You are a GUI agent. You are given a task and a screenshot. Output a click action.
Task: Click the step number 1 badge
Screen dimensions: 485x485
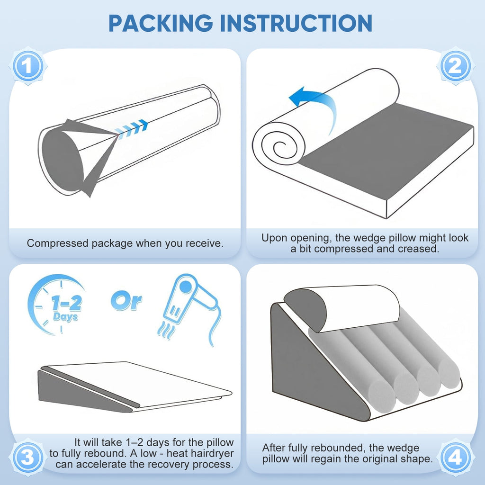tap(28, 66)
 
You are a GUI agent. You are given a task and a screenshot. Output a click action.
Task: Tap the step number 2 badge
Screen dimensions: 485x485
tap(455, 66)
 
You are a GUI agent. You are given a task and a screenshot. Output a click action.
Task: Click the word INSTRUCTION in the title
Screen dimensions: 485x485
tap(296, 23)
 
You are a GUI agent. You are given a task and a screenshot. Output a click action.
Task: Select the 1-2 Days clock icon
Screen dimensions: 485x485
tap(56, 305)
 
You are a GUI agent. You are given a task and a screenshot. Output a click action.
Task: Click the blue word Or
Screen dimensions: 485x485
tap(126, 301)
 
